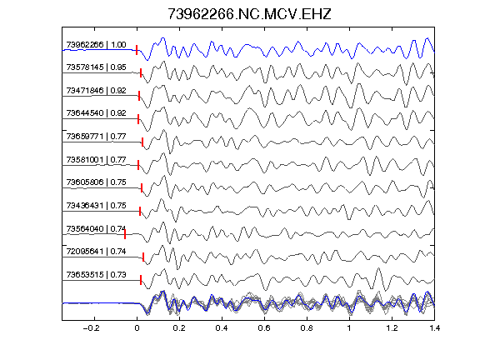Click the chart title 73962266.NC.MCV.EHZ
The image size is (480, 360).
pyautogui.click(x=249, y=14)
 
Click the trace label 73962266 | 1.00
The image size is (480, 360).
pyautogui.click(x=96, y=45)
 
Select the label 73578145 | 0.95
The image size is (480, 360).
pyautogui.click(x=96, y=67)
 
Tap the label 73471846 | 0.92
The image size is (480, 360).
pyautogui.click(x=96, y=91)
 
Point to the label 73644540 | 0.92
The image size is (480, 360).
pyautogui.click(x=96, y=113)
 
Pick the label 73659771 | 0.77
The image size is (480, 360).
pyautogui.click(x=96, y=137)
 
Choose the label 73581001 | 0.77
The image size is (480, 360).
pyautogui.click(x=96, y=160)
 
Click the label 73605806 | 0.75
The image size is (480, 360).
pyautogui.click(x=96, y=182)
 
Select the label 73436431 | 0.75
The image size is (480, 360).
pyautogui.click(x=96, y=205)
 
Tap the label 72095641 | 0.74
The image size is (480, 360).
pyautogui.click(x=96, y=252)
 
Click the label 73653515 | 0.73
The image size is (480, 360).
pyautogui.click(x=96, y=275)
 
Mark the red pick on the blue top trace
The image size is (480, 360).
pyautogui.click(x=137, y=50)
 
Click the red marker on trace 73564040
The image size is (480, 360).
pyautogui.click(x=125, y=234)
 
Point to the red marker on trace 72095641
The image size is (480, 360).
pyautogui.click(x=143, y=257)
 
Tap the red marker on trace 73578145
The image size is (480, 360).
pyautogui.click(x=141, y=72)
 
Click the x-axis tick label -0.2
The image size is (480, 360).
pyautogui.click(x=91, y=328)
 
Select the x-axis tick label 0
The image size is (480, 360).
pyautogui.click(x=137, y=328)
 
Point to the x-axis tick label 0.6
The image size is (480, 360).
pyautogui.click(x=264, y=328)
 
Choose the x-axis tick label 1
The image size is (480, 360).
pyautogui.click(x=349, y=328)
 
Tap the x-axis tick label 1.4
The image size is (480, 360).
pyautogui.click(x=434, y=328)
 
